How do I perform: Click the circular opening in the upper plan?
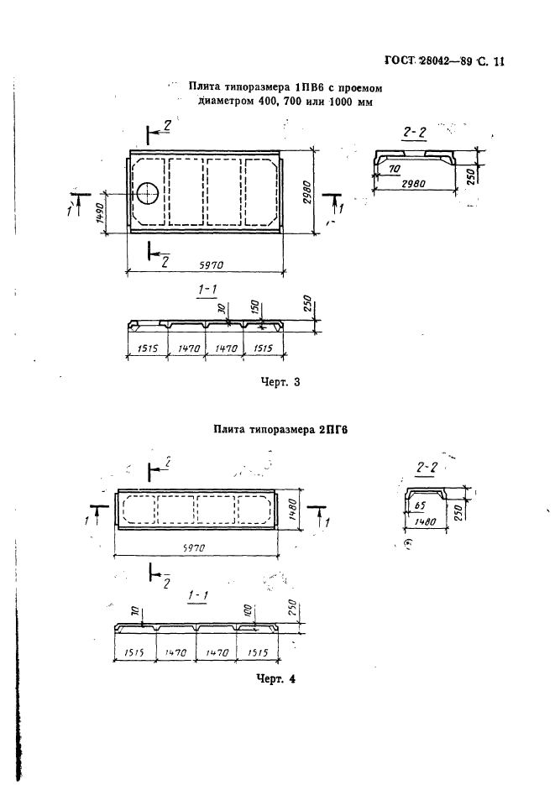(x=148, y=193)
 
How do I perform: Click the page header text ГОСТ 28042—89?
(x=428, y=61)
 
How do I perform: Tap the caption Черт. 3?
(x=280, y=382)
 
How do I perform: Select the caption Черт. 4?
(x=275, y=679)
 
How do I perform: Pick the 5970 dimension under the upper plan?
(x=212, y=265)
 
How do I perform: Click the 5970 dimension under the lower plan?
(x=194, y=548)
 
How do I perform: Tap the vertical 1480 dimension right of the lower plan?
(x=294, y=510)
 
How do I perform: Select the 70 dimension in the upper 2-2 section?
(x=395, y=170)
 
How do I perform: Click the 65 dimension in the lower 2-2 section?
(x=421, y=505)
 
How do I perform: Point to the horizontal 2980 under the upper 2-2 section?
(x=413, y=184)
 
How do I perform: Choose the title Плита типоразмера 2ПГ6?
(x=280, y=429)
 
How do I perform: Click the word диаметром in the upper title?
(x=227, y=102)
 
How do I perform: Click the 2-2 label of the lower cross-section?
(x=427, y=467)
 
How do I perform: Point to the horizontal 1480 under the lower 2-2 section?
(x=426, y=521)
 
